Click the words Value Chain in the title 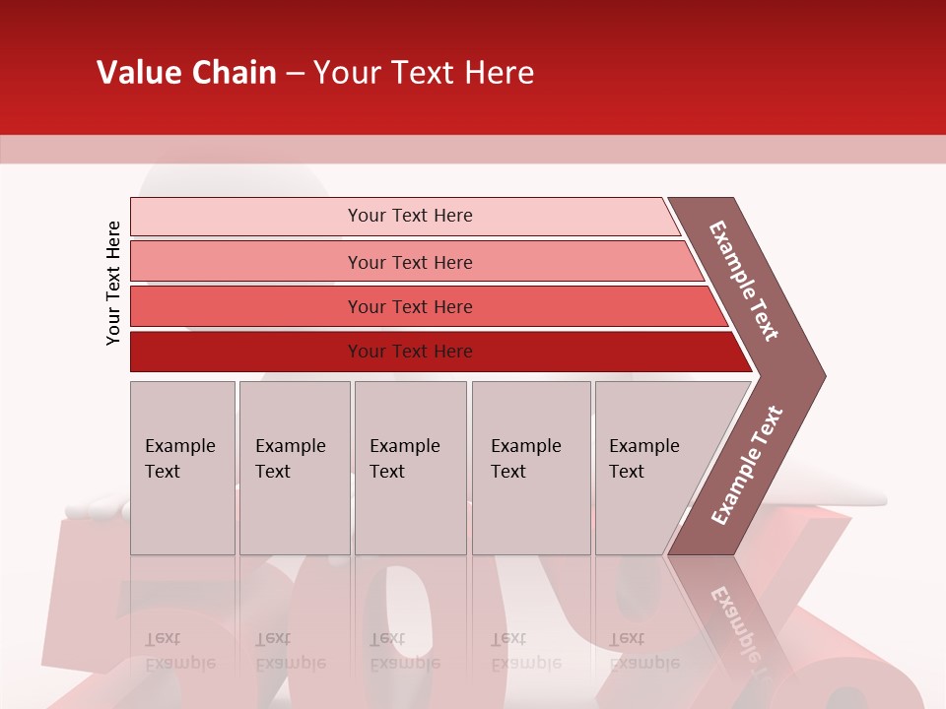tap(186, 73)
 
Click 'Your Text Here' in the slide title tap(424, 73)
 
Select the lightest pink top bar tap(246, 216)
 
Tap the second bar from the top tap(246, 262)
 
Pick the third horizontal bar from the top tap(246, 306)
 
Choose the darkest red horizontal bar tap(246, 352)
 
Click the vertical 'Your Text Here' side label tap(113, 283)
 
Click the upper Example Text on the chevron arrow tap(744, 281)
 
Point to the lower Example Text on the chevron tap(746, 465)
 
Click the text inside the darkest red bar tap(410, 352)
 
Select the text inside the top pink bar tap(410, 216)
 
